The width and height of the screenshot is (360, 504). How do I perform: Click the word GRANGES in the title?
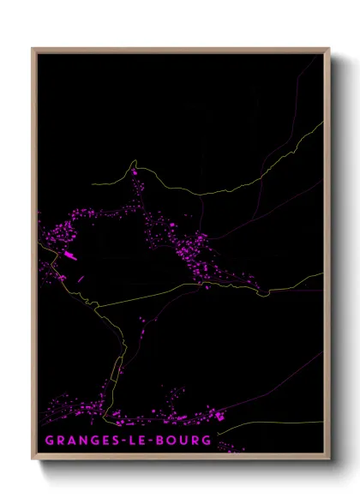point(75,440)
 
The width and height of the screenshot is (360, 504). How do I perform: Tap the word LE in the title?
point(129,440)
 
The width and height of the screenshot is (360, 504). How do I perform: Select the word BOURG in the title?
point(179,440)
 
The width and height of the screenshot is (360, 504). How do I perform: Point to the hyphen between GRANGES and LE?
point(113,440)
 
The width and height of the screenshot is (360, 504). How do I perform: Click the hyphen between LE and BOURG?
point(144,440)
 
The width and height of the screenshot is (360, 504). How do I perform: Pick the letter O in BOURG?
point(166,440)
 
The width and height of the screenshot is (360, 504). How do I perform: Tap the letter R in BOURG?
point(193,440)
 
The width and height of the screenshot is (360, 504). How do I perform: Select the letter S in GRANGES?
point(105,440)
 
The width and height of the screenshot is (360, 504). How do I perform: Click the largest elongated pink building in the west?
point(69,255)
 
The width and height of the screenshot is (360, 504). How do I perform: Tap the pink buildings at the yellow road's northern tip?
point(135,172)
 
